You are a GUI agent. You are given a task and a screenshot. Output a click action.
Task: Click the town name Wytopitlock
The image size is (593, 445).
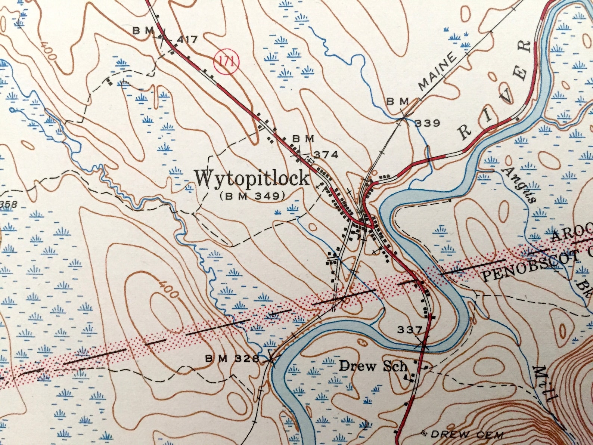point(252,179)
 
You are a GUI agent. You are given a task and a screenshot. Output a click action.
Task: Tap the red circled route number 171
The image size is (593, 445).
point(226,61)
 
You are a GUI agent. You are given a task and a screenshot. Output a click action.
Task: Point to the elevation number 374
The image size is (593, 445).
point(325,154)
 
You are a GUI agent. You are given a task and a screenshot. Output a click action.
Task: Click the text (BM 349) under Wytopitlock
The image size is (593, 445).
point(252,196)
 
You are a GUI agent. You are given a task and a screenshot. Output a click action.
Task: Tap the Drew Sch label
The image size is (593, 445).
point(372,366)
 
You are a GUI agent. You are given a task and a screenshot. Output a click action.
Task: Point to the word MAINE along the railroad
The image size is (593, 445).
point(438,71)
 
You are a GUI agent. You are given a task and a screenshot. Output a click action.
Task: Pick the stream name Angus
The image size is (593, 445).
point(520,185)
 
